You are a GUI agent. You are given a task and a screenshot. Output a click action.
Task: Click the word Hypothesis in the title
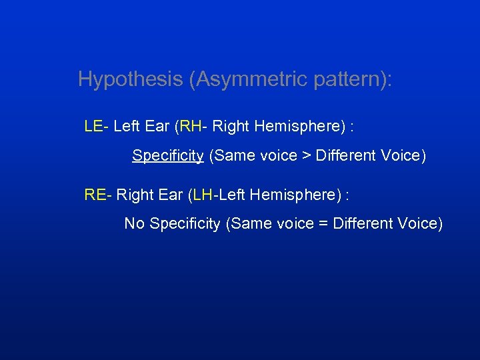(131, 79)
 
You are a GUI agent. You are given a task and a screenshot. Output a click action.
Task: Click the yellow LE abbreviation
(93, 126)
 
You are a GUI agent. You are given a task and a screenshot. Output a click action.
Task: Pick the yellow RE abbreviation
(95, 195)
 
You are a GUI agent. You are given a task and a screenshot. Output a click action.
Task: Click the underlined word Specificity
(168, 156)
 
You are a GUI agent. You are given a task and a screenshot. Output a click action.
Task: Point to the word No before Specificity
(134, 224)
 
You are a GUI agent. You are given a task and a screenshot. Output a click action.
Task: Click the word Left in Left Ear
(126, 126)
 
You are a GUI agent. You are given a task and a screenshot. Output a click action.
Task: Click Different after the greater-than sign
(344, 156)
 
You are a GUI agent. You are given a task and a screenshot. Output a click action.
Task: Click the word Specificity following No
(185, 224)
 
